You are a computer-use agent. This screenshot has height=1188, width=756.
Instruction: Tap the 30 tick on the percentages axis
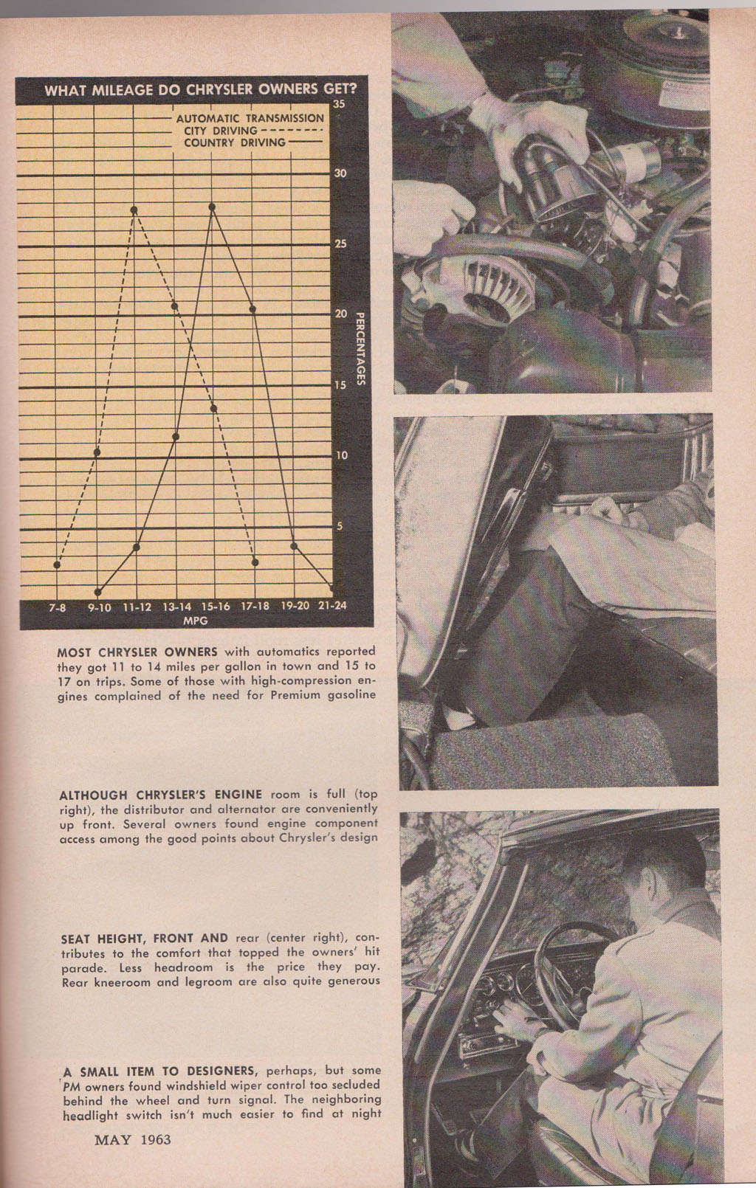[340, 173]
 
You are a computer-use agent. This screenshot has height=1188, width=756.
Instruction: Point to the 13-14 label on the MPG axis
[176, 607]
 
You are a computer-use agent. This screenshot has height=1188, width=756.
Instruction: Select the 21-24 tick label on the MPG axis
[332, 607]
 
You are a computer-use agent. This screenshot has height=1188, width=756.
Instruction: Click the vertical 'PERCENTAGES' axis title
[360, 348]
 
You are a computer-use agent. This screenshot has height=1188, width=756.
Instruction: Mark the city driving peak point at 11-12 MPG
[134, 210]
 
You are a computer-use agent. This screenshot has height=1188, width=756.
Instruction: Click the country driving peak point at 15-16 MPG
[213, 207]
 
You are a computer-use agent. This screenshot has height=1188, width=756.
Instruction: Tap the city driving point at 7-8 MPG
[57, 564]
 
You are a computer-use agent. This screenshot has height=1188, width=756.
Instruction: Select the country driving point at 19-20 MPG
[294, 546]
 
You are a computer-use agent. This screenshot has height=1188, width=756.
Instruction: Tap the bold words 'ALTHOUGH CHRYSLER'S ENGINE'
[160, 795]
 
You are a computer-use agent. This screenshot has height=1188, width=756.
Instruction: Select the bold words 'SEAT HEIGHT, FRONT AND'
[145, 939]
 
